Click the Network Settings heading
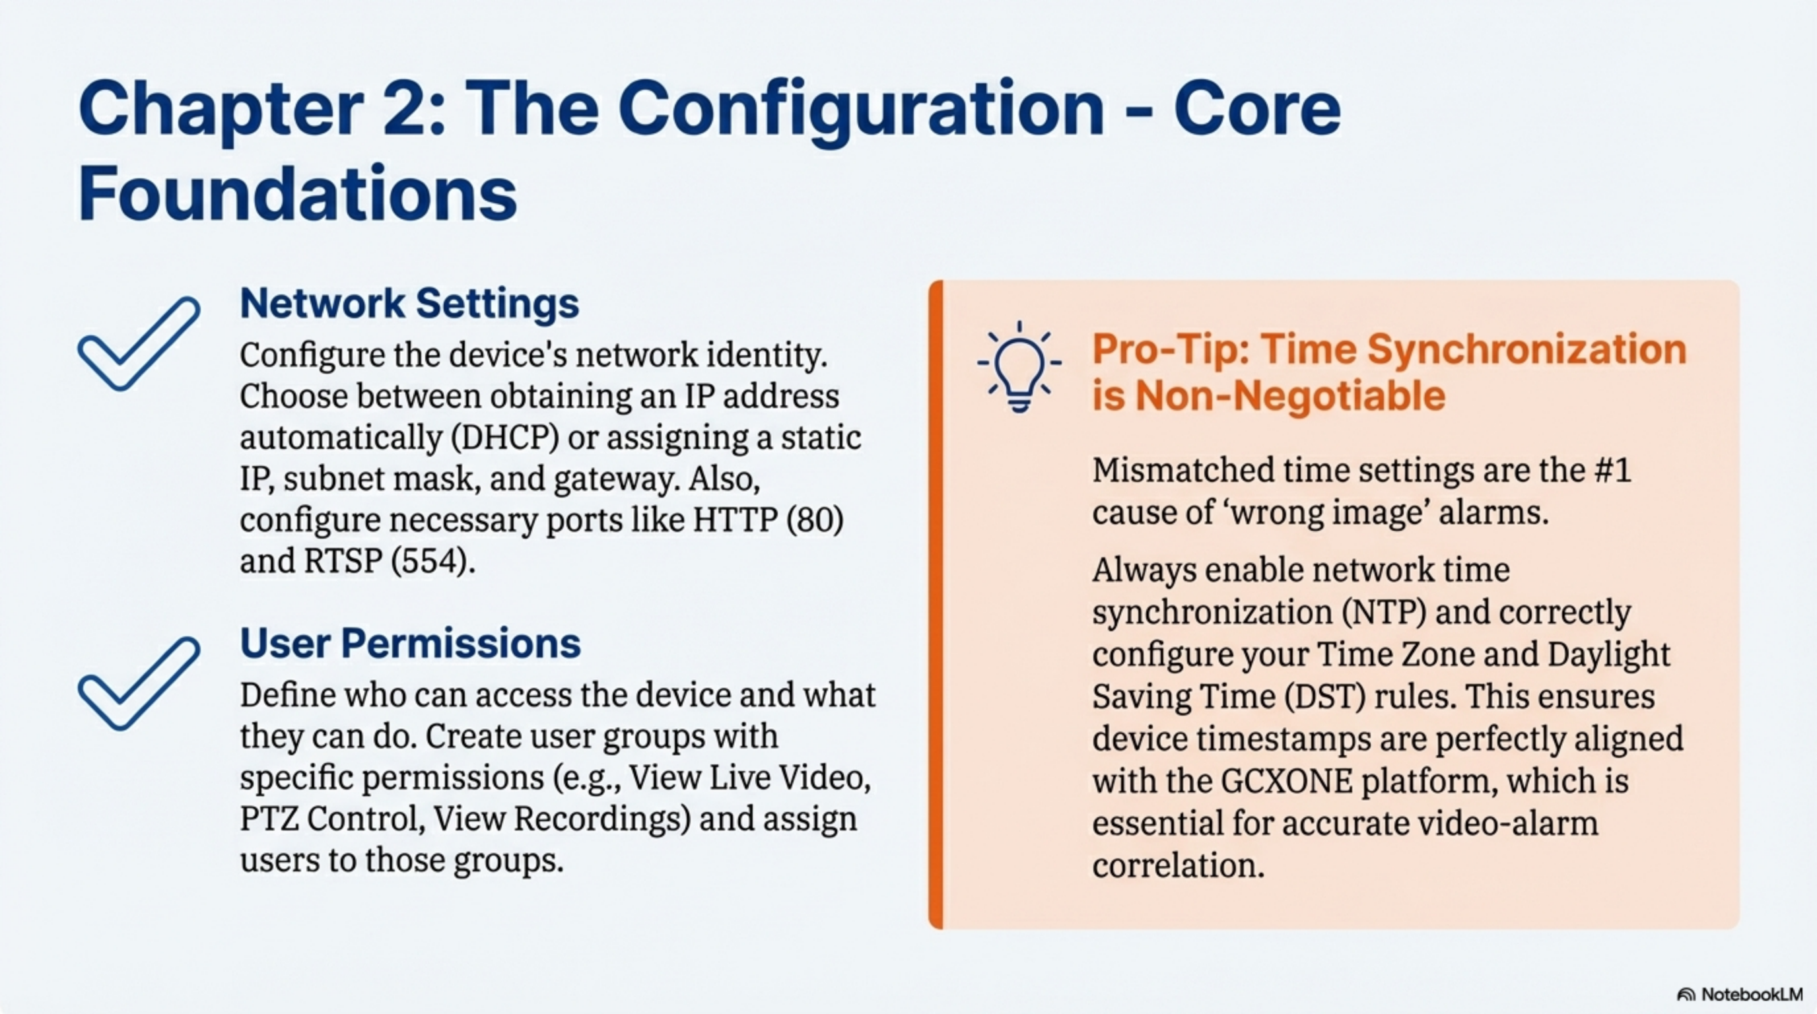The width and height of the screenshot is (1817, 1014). (409, 304)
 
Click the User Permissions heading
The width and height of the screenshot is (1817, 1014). (411, 643)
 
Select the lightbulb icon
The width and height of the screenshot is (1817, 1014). (1019, 366)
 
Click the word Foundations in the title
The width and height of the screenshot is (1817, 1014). (298, 193)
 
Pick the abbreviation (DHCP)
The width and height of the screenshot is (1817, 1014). (505, 437)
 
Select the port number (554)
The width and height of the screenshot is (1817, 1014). (433, 561)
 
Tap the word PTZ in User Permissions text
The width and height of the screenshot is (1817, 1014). (267, 819)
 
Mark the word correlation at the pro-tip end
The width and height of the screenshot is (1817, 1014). (1178, 865)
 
